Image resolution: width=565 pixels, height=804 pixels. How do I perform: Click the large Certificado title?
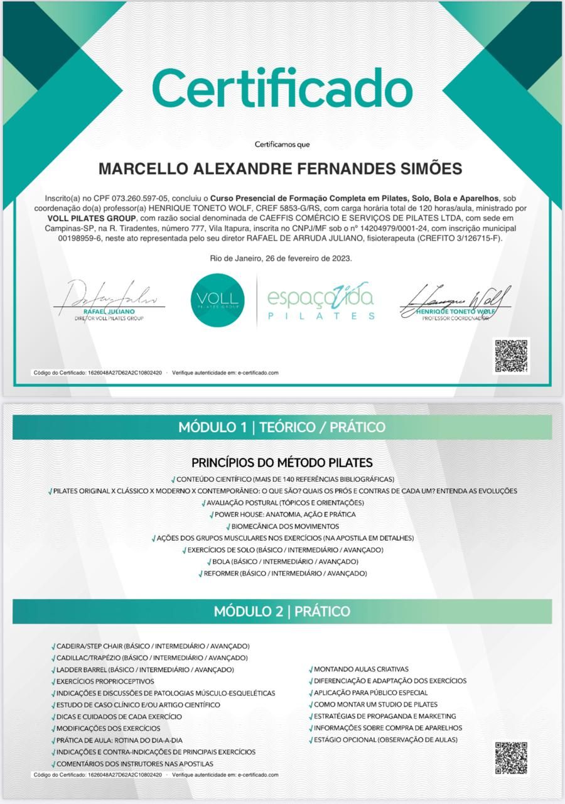tap(282, 88)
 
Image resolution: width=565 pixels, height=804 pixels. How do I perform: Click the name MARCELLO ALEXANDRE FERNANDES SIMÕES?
tap(281, 169)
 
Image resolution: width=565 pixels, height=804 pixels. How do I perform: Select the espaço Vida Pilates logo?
tap(320, 301)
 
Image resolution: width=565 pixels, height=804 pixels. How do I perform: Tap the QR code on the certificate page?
tap(512, 356)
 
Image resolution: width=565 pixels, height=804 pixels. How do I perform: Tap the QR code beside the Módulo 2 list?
tap(511, 758)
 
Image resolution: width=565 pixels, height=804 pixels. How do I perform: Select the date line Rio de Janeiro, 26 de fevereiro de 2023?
tap(282, 258)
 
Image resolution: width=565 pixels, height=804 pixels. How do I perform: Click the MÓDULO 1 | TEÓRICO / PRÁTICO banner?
tap(282, 428)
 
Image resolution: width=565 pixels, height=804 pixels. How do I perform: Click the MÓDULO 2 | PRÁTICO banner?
tap(282, 611)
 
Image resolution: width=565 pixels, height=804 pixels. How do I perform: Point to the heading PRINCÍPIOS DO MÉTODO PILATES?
tap(282, 463)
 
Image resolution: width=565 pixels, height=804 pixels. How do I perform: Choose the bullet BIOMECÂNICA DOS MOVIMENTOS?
tap(284, 526)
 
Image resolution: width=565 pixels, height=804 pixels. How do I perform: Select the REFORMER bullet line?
tap(285, 573)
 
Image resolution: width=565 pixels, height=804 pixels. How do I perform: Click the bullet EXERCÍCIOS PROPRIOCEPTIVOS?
tap(105, 682)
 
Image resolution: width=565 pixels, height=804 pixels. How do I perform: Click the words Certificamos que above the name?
tap(282, 144)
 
